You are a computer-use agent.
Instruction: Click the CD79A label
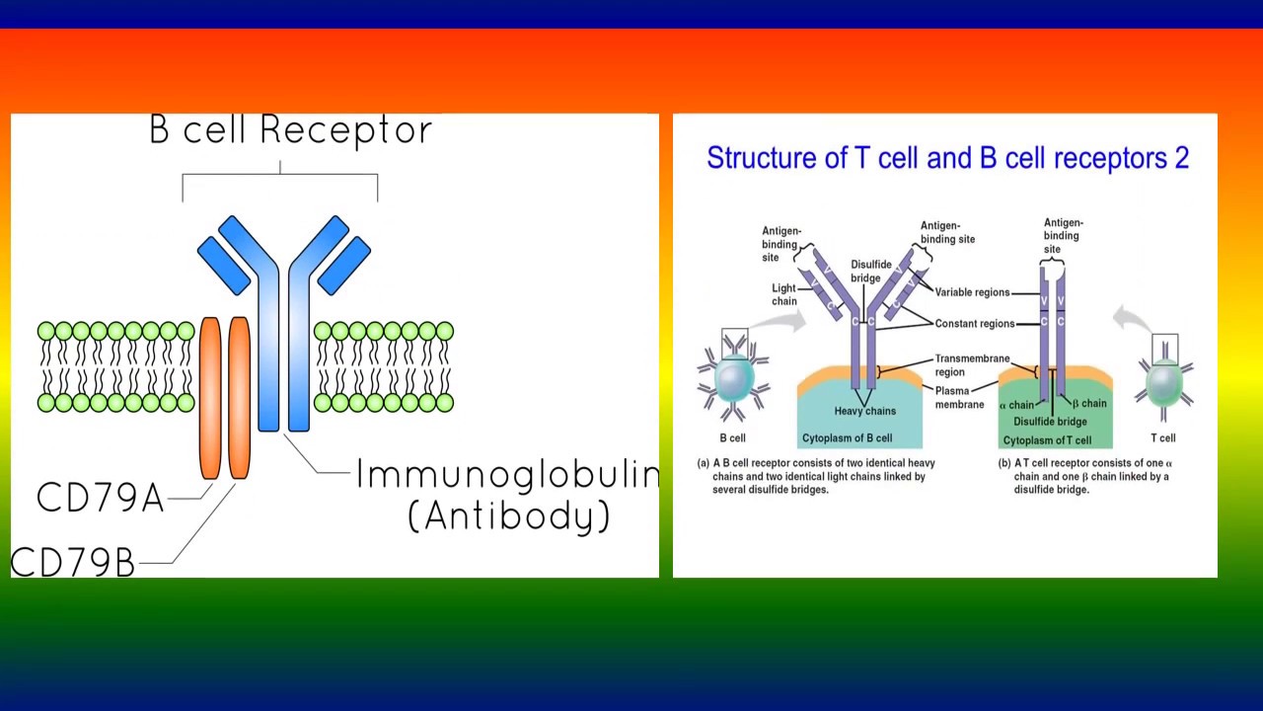(100, 498)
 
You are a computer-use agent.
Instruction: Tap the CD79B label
(72, 562)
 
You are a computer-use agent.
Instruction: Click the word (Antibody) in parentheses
(509, 516)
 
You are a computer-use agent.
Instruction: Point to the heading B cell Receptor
(291, 130)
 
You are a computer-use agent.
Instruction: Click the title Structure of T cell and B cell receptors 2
(947, 158)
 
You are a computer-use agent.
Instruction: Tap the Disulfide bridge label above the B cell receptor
(871, 272)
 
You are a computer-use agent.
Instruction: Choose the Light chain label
(784, 294)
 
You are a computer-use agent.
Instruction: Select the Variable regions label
(972, 292)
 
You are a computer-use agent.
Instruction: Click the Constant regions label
(974, 324)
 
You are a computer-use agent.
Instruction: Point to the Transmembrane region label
(971, 365)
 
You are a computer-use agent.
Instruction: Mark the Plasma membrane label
(959, 397)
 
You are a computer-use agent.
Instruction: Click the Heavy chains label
(865, 411)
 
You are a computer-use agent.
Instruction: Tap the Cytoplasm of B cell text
(847, 438)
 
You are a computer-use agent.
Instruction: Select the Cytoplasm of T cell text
(1047, 440)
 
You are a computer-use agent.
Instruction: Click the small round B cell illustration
(732, 380)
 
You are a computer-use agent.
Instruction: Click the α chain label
(1016, 405)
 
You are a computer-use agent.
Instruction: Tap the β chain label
(1089, 403)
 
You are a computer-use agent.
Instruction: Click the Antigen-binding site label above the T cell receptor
(1063, 235)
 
